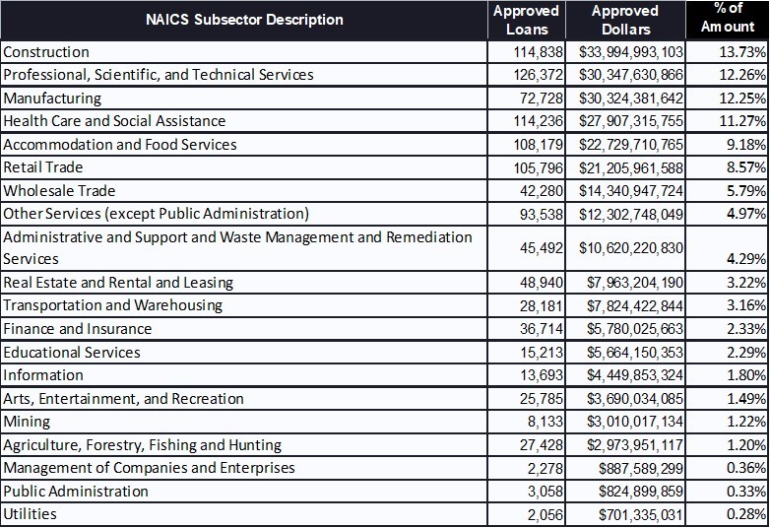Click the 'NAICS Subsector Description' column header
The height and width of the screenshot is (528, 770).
pyautogui.click(x=244, y=20)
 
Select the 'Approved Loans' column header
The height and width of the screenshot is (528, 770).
pyautogui.click(x=526, y=20)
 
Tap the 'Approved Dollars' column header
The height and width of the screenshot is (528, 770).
pyautogui.click(x=624, y=20)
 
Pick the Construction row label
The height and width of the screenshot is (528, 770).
pyautogui.click(x=46, y=52)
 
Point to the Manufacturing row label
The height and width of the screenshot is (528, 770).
pyautogui.click(x=52, y=99)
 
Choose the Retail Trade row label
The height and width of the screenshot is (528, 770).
pyautogui.click(x=43, y=167)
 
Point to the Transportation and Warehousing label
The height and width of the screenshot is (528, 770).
pyautogui.click(x=113, y=305)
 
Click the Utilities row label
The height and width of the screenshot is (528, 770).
pyautogui.click(x=31, y=514)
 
